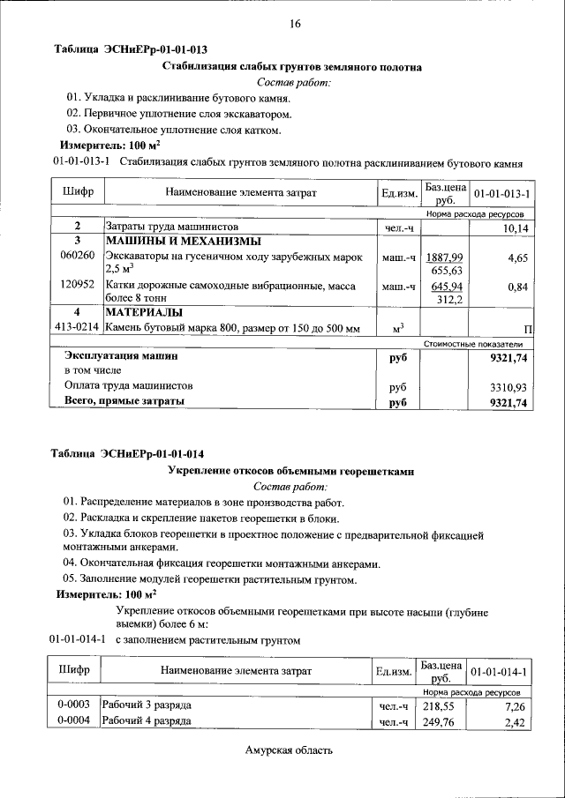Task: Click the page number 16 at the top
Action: (x=295, y=24)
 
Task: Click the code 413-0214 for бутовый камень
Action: (x=77, y=329)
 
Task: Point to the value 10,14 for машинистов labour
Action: (x=511, y=227)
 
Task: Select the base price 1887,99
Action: (x=445, y=256)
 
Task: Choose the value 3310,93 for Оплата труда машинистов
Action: (x=508, y=386)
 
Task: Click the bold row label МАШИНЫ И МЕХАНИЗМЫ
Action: (x=184, y=242)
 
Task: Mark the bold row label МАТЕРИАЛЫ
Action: (x=145, y=313)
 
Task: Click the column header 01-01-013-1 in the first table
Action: (x=501, y=193)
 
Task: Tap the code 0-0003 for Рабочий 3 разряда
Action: (x=74, y=706)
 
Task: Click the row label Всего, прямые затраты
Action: (x=124, y=402)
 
